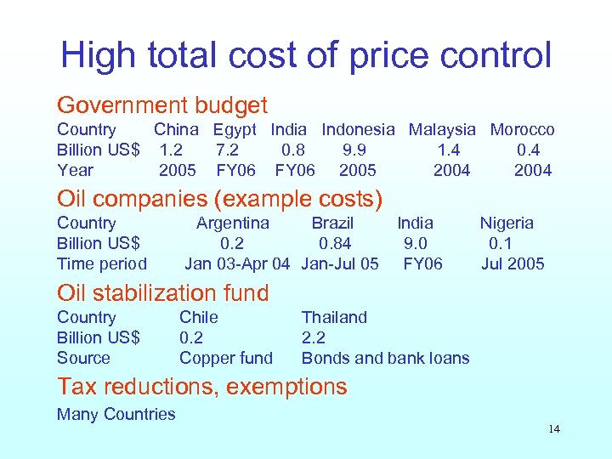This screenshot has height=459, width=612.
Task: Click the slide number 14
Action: pyautogui.click(x=554, y=429)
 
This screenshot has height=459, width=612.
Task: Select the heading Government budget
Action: pyautogui.click(x=161, y=106)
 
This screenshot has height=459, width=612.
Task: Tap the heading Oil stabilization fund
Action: pyautogui.click(x=162, y=293)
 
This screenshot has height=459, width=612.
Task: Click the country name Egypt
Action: pyautogui.click(x=234, y=130)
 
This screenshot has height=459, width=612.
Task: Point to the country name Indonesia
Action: pyautogui.click(x=358, y=130)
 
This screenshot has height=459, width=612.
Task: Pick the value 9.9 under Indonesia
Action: pyautogui.click(x=354, y=150)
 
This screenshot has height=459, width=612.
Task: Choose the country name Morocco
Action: pyautogui.click(x=522, y=130)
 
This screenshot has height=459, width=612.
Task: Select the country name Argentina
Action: pyautogui.click(x=232, y=224)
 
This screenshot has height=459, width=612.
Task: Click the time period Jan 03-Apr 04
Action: pyautogui.click(x=237, y=264)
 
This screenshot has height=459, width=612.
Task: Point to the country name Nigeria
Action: pyautogui.click(x=507, y=224)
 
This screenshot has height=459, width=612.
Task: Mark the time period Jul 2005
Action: pyautogui.click(x=513, y=264)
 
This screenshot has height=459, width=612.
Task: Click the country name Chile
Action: pyautogui.click(x=198, y=318)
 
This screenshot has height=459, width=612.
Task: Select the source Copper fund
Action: pyautogui.click(x=226, y=359)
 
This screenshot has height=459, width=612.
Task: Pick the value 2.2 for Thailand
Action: pyautogui.click(x=314, y=338)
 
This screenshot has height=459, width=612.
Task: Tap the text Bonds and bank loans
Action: pyautogui.click(x=385, y=359)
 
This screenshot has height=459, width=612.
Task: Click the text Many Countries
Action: pyautogui.click(x=116, y=415)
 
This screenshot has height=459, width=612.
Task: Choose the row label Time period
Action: pyautogui.click(x=101, y=264)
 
